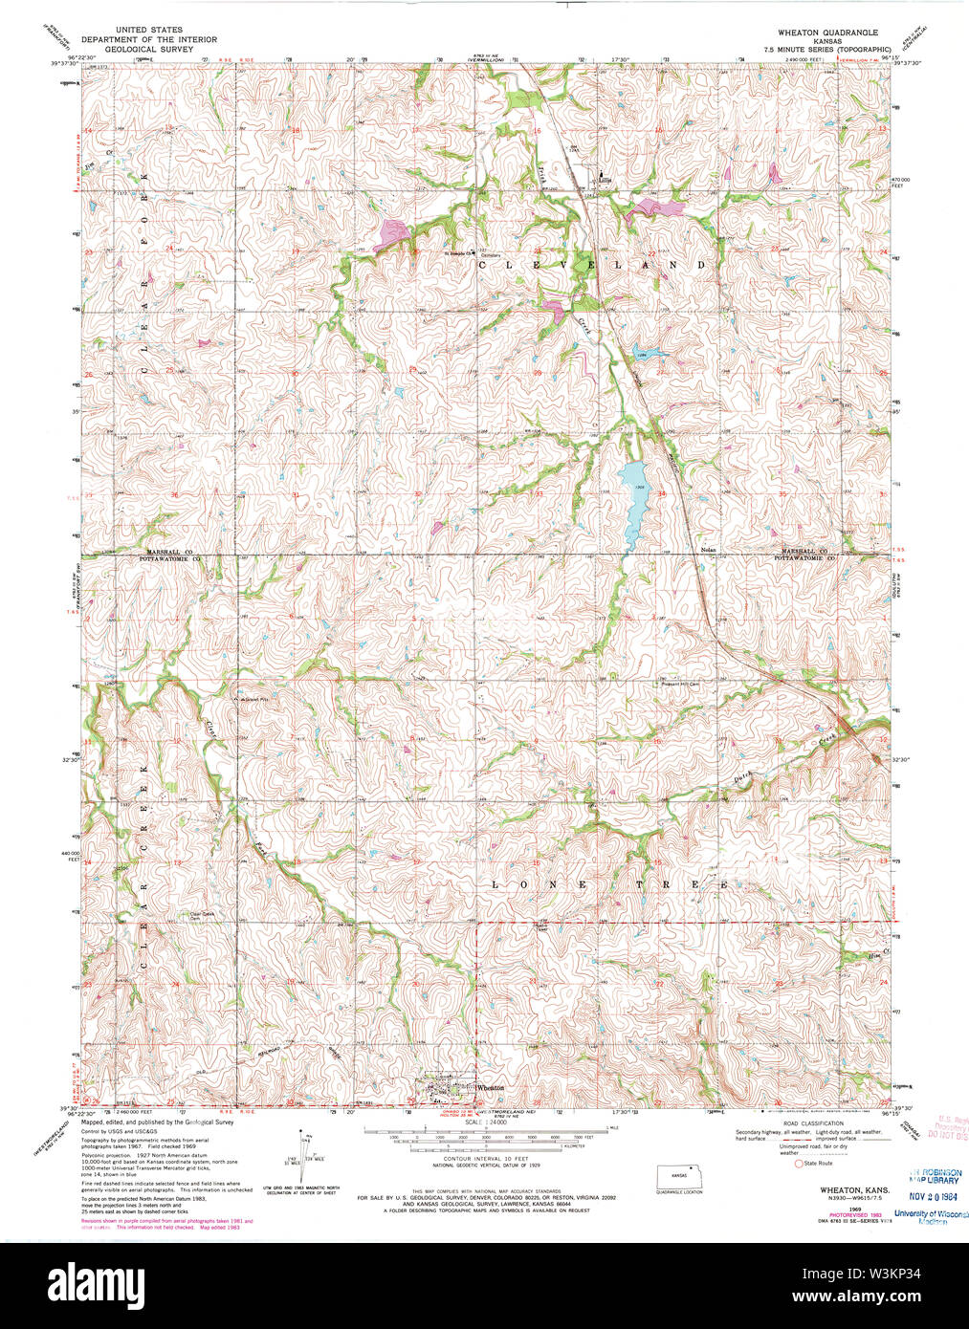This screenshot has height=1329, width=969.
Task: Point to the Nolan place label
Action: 708,550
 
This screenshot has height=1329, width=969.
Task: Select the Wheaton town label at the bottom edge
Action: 489,1087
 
